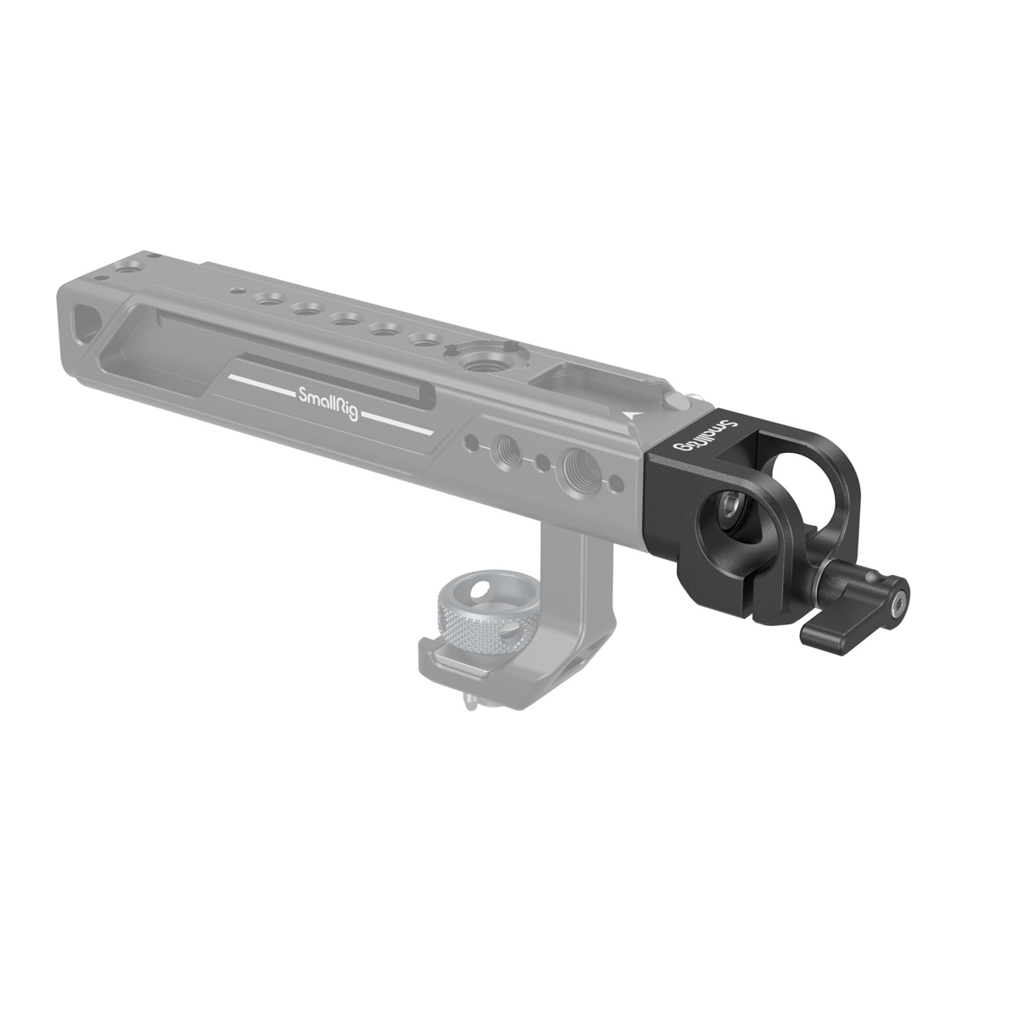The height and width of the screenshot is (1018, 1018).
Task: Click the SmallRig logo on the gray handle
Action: [x=327, y=394]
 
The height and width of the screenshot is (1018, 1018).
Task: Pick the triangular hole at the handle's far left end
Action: [x=85, y=321]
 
